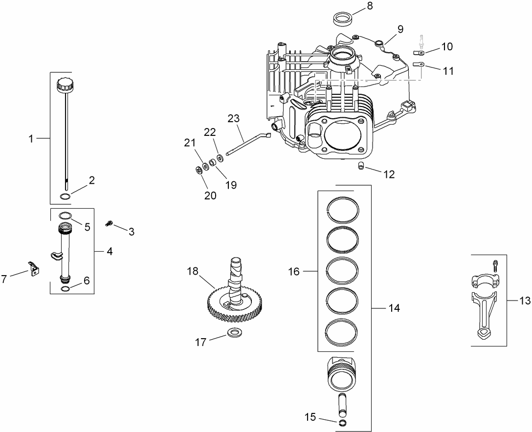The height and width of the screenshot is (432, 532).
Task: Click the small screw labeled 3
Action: [x=109, y=224]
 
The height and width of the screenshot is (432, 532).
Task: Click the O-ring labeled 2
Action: [x=65, y=196]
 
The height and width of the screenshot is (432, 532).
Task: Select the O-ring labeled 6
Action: [x=65, y=289]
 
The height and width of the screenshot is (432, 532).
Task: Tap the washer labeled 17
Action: [x=234, y=333]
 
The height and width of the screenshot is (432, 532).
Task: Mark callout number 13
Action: [x=525, y=301]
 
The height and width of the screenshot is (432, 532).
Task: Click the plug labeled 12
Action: [x=361, y=168]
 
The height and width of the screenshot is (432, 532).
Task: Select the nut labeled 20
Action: [x=199, y=171]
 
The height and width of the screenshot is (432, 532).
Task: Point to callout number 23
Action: [x=234, y=118]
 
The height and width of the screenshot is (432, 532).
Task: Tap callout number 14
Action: [x=394, y=308]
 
